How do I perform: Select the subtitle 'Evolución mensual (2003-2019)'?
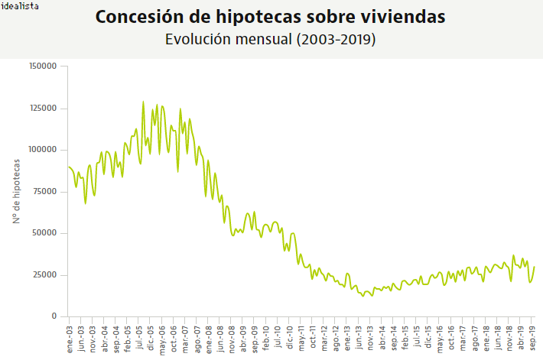coord(270,40)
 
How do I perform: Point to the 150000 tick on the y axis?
coord(43,66)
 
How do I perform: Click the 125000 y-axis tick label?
coord(43,109)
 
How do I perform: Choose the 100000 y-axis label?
coord(43,150)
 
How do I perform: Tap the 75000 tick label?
coord(45,192)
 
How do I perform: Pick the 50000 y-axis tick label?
coord(45,233)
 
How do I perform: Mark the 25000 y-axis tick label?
coord(45,274)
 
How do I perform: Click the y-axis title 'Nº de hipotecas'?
coord(16,192)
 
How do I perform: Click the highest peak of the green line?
coord(143,102)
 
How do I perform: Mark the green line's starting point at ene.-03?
coord(69,167)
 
